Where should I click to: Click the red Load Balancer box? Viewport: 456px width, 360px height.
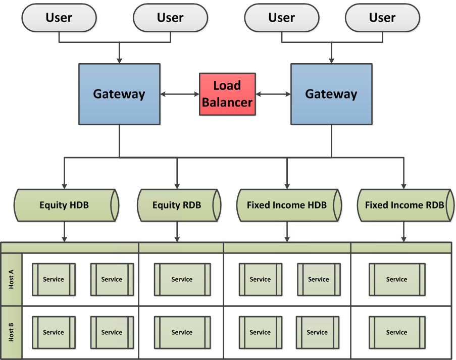click(227, 94)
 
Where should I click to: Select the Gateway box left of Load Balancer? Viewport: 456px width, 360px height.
click(119, 94)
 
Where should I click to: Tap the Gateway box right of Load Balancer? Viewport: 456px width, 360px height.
click(331, 94)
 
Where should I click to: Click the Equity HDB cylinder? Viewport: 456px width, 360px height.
click(64, 205)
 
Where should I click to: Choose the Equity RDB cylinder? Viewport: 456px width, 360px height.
click(177, 205)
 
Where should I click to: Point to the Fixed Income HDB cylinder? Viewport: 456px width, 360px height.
click(287, 205)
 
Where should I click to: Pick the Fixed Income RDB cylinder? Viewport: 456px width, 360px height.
click(404, 205)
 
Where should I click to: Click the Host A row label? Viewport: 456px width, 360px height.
click(11, 279)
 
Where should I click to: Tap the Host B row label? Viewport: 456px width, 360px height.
click(11, 332)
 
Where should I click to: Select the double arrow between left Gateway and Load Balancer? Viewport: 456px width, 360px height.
click(180, 94)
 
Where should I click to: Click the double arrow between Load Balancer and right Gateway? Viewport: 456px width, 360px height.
click(273, 94)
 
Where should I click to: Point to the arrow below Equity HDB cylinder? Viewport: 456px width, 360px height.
click(64, 232)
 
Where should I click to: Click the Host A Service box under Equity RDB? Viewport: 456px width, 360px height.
click(182, 279)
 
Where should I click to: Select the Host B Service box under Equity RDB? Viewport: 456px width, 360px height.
click(182, 332)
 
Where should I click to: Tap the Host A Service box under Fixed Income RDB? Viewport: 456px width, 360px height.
click(396, 279)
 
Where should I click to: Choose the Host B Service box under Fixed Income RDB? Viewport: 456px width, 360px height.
click(396, 332)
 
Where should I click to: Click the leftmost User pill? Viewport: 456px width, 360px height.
click(59, 18)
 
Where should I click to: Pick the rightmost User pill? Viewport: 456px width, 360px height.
click(382, 18)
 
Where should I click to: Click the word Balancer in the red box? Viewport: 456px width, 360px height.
click(227, 102)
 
